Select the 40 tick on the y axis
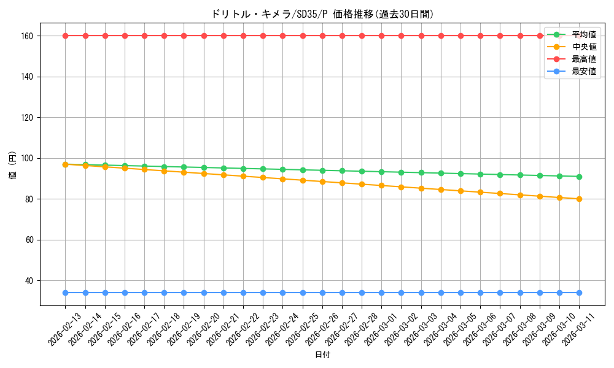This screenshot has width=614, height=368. [31, 281]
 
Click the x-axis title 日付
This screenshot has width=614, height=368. [322, 355]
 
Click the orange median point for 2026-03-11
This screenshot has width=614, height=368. [579, 199]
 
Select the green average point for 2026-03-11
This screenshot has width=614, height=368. [579, 177]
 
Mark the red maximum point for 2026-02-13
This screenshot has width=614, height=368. [66, 36]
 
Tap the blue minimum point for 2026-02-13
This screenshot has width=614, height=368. [66, 293]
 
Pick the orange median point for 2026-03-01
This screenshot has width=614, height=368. [381, 185]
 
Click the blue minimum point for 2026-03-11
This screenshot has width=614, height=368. [579, 293]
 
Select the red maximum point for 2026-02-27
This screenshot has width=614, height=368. [342, 36]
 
